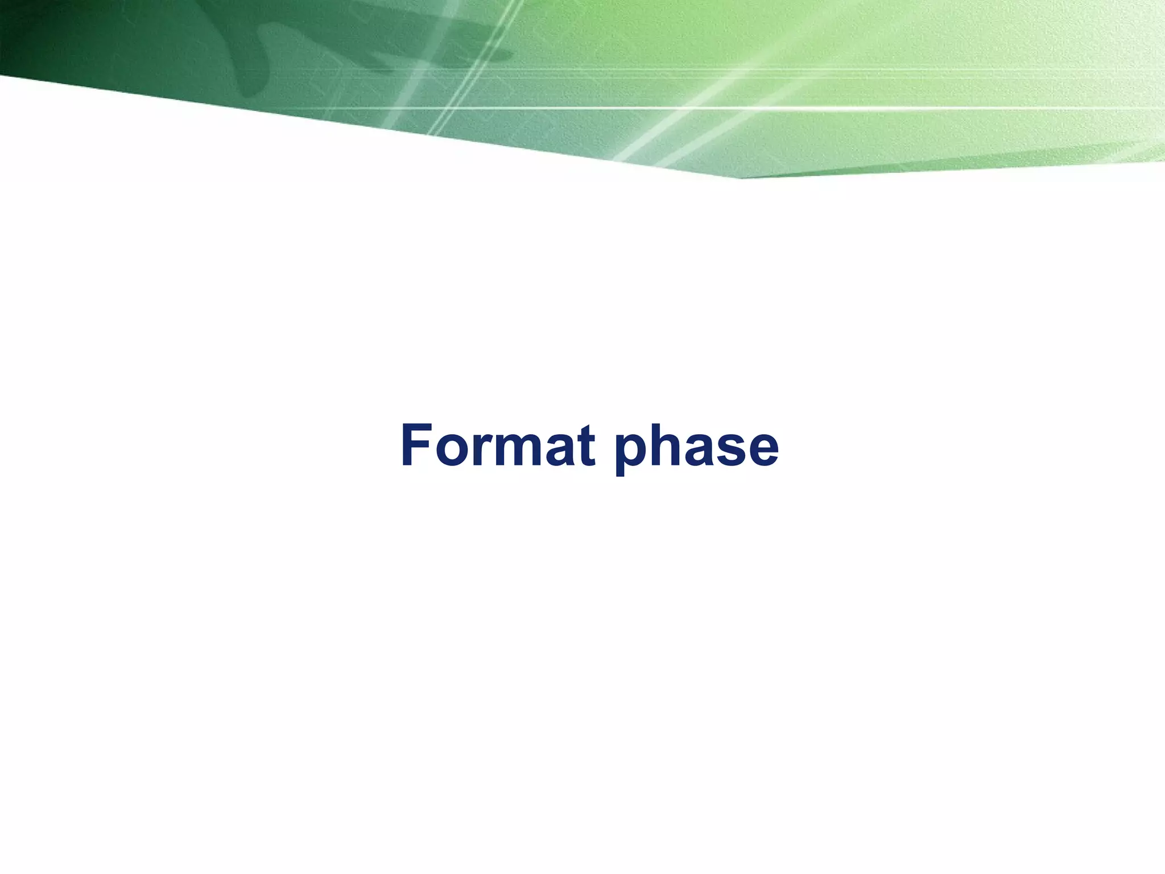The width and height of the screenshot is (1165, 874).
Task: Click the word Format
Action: point(497,446)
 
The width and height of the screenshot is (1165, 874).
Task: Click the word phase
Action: point(697,450)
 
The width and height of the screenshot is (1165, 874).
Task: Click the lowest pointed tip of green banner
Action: point(740,178)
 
